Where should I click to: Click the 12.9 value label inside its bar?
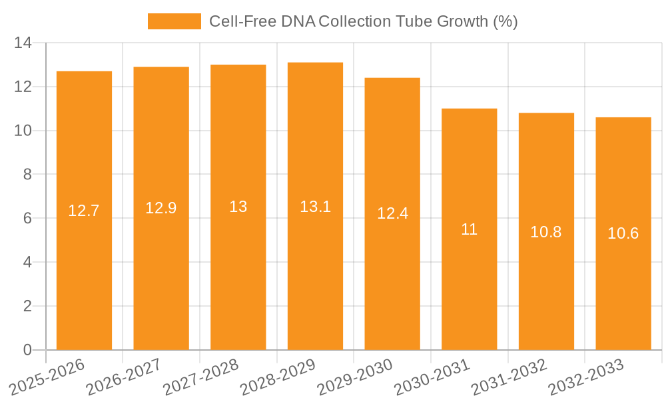[161, 208]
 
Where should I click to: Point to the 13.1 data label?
[315, 207]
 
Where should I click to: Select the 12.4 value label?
[392, 214]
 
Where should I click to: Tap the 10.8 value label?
[546, 232]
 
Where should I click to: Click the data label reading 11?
[469, 229]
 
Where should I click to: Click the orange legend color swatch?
[174, 21]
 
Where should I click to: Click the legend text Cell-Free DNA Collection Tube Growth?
[363, 21]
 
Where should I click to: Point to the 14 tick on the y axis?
[23, 43]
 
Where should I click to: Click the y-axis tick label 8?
[27, 175]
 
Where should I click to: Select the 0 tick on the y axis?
[27, 350]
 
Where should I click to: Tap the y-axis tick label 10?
[23, 131]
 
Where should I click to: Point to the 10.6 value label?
[623, 233]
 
